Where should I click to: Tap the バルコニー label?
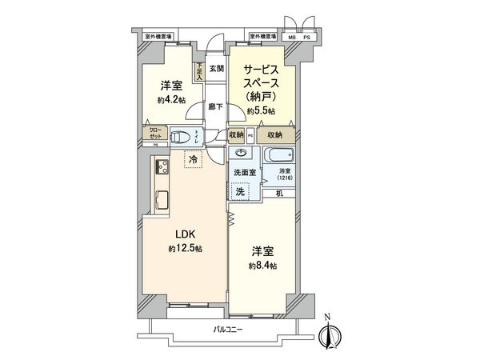point(228,329)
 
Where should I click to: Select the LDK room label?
point(186,234)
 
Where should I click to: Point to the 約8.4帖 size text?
point(261,265)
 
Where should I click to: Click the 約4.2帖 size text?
point(172,100)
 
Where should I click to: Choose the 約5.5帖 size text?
point(261,111)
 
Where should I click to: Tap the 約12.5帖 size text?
point(186,250)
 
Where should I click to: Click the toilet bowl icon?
point(182,135)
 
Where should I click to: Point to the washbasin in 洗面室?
point(239,152)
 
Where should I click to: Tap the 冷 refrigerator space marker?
point(194,160)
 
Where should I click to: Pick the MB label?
point(291,37)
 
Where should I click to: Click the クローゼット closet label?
point(154,134)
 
